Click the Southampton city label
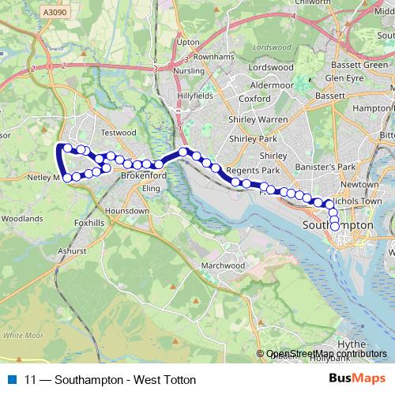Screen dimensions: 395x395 coord(338,225)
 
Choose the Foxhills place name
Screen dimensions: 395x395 coord(88,224)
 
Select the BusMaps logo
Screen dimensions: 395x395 coord(356,379)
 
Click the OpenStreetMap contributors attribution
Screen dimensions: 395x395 coord(327,354)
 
